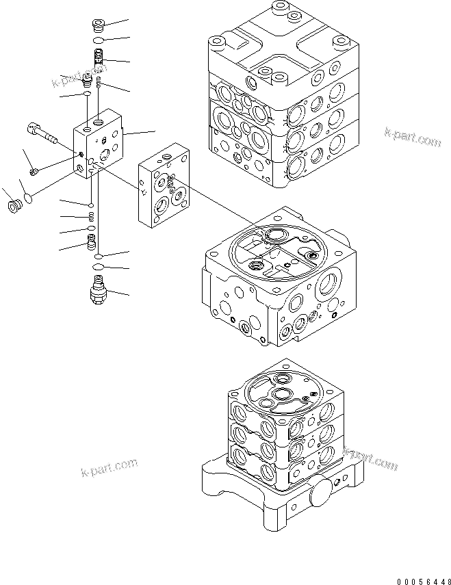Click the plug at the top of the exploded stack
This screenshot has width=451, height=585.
[97, 27]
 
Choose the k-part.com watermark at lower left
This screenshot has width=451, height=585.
[108, 469]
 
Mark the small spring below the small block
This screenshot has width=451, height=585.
[91, 217]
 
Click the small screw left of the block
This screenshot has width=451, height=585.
[35, 168]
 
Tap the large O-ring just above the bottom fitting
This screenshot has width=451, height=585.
[98, 266]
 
